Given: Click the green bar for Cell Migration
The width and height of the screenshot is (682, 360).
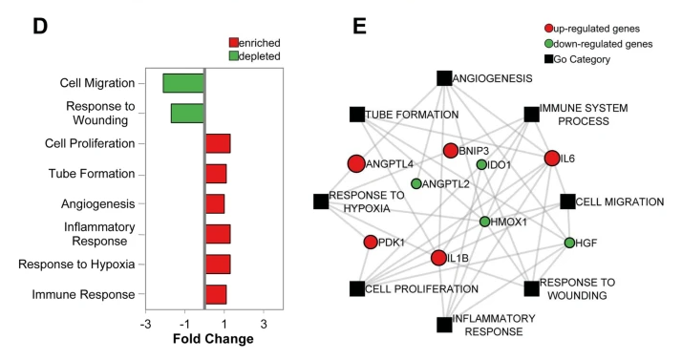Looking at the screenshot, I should click(183, 83).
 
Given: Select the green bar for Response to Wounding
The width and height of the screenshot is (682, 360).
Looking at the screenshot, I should click(187, 113).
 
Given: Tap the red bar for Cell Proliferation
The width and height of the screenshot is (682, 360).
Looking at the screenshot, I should click(218, 144).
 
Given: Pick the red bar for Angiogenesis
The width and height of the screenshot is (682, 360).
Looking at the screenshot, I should click(215, 203).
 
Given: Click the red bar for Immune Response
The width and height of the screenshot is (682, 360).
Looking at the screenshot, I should click(216, 294).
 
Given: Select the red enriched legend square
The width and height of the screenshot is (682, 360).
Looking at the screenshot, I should click(235, 43).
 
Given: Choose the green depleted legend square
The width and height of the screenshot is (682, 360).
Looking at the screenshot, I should click(235, 56).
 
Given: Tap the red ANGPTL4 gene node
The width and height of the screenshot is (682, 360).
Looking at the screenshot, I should click(356, 164).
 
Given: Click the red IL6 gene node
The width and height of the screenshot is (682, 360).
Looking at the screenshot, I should click(551, 158).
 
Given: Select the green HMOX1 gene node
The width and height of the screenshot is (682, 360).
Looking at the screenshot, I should click(484, 222).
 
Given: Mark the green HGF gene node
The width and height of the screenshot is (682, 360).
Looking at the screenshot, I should click(569, 243).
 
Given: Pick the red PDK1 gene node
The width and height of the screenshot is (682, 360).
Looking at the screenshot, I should click(371, 242).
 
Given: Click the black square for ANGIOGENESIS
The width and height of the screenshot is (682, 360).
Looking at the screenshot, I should click(443, 77).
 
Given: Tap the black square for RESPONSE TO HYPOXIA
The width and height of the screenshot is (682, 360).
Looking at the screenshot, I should click(321, 201).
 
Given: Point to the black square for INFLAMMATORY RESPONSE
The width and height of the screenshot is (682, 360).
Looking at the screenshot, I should click(444, 326).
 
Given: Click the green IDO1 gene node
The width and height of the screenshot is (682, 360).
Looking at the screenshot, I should click(481, 164).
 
